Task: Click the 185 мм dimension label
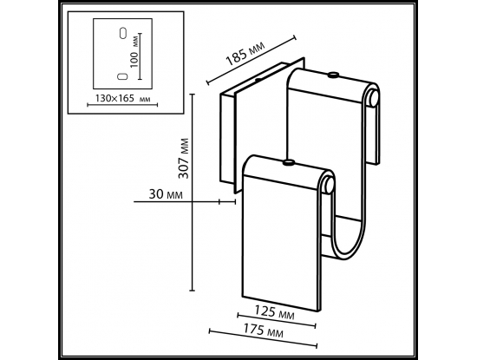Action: [x=245, y=54]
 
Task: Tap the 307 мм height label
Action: [x=184, y=159]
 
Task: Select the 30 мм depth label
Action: [x=166, y=194]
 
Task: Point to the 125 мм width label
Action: [x=274, y=312]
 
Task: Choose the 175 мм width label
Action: [x=263, y=330]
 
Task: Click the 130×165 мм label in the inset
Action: [x=122, y=98]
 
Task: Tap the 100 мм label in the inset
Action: [x=134, y=54]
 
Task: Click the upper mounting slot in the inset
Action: [x=123, y=34]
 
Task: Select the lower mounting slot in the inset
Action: [x=122, y=76]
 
